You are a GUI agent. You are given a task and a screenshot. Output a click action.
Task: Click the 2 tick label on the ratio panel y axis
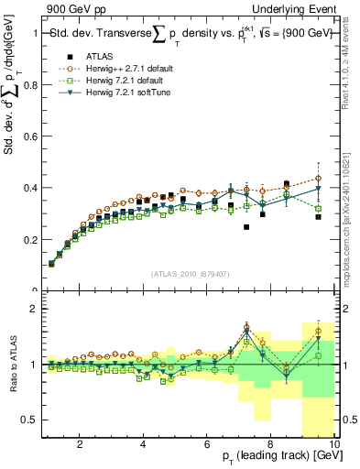point(33,309)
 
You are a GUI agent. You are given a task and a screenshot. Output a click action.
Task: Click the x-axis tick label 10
point(333,445)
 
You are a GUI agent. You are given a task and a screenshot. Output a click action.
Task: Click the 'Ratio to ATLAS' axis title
point(11,366)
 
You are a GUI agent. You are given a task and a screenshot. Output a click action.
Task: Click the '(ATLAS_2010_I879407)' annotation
point(189,272)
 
